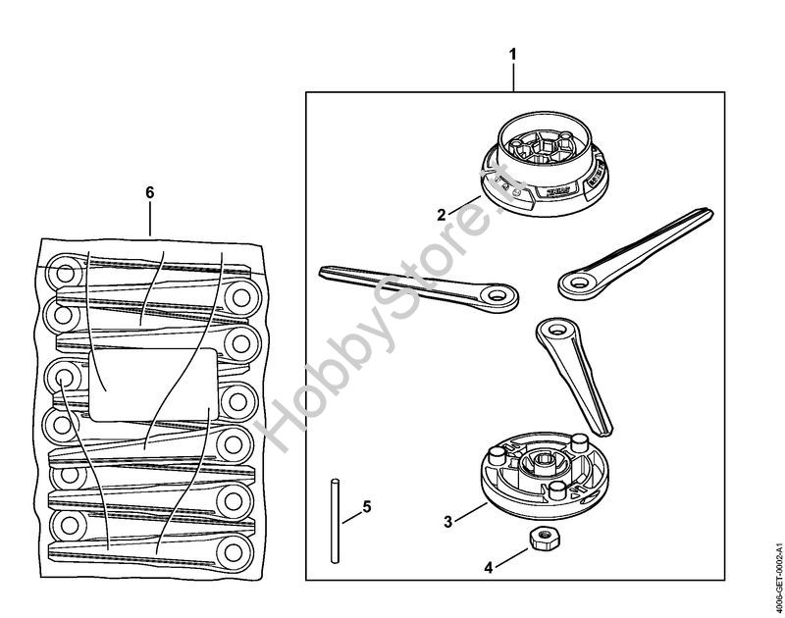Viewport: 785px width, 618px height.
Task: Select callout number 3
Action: (x=447, y=521)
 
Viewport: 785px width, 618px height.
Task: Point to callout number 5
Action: (x=367, y=507)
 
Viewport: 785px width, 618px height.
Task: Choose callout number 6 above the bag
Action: (x=149, y=192)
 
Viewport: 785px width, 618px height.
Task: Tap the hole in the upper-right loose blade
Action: (x=576, y=283)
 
